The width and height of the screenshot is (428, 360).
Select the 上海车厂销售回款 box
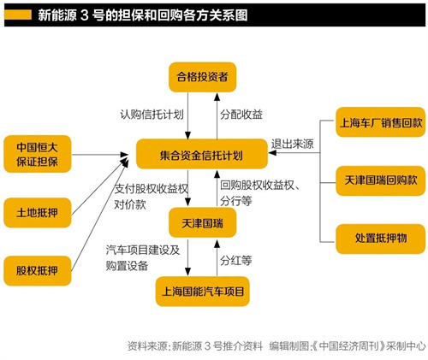(x=379, y=122)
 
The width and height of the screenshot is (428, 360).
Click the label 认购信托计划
(x=152, y=115)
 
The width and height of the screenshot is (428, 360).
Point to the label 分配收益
(x=241, y=115)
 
